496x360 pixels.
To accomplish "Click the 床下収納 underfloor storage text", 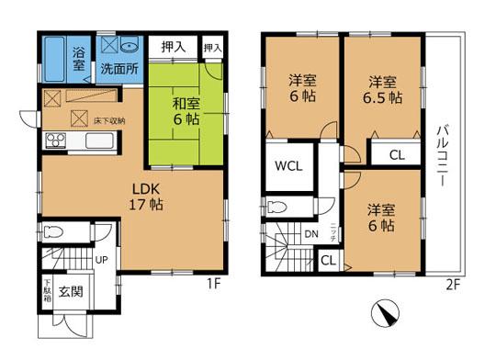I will coord(107,119).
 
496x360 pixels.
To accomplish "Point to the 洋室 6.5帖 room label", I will coord(382,88).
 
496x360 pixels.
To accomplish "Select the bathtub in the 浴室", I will coord(56,57).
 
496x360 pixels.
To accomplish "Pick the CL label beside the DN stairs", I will coord(328,261).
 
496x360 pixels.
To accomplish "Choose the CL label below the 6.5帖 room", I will coord(396,154).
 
